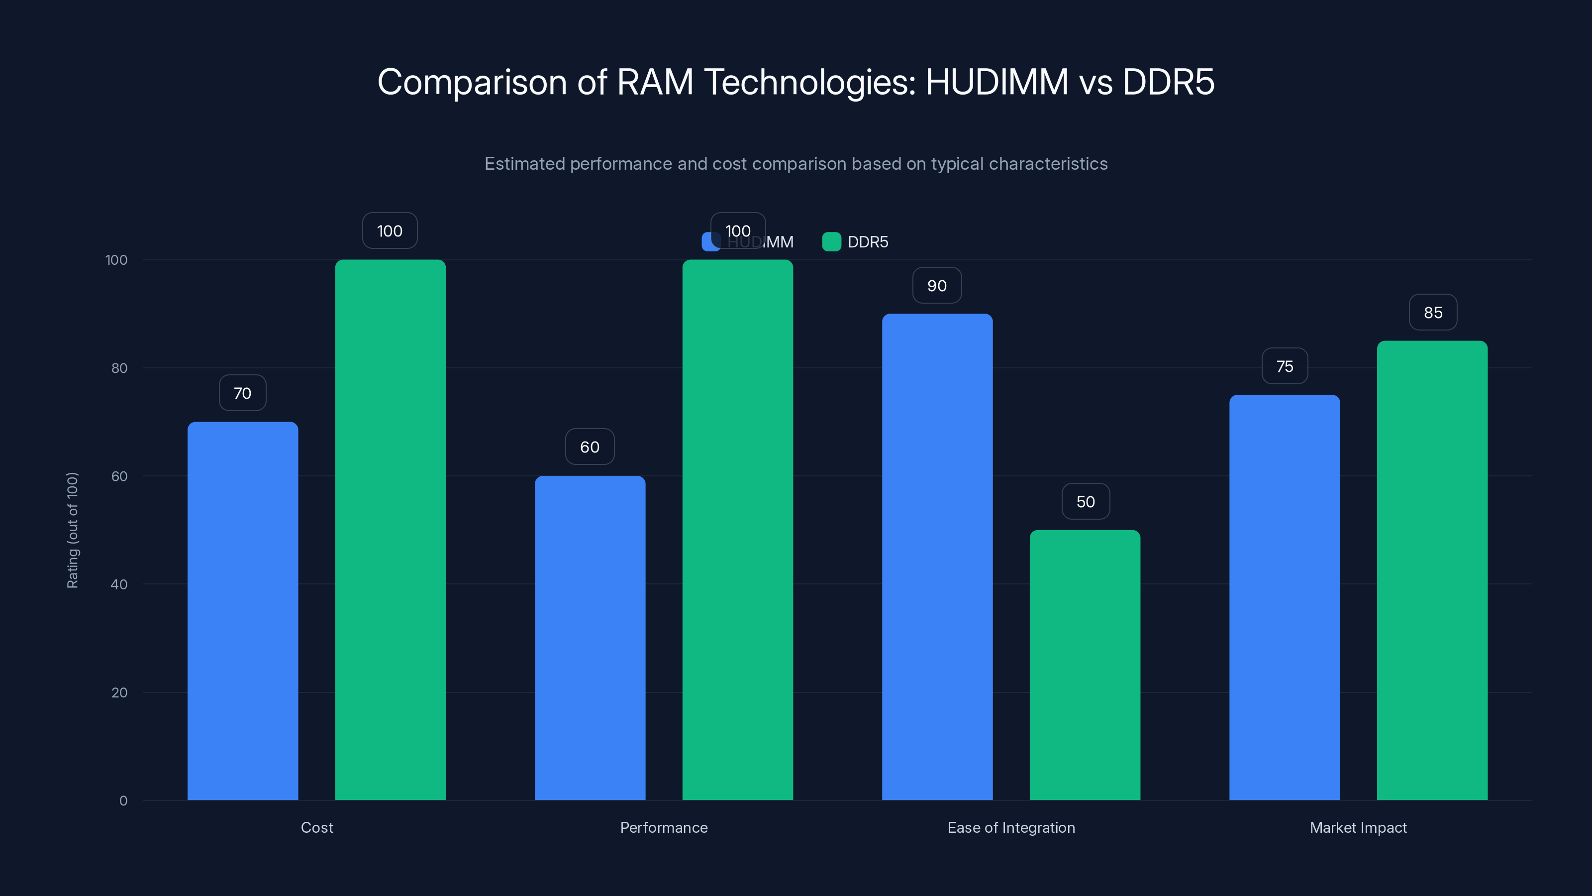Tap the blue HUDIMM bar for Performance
click(590, 638)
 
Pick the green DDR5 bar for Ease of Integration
click(1085, 665)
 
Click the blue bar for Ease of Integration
click(937, 557)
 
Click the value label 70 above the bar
click(242, 393)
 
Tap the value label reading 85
click(1433, 313)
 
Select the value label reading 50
click(1085, 501)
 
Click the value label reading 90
click(937, 286)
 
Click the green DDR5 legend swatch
click(831, 242)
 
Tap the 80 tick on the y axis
click(119, 368)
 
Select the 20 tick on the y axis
click(119, 692)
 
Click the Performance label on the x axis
click(664, 827)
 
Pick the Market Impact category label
click(1358, 827)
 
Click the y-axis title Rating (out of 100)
click(72, 530)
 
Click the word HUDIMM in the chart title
click(996, 82)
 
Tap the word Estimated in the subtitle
click(525, 164)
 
